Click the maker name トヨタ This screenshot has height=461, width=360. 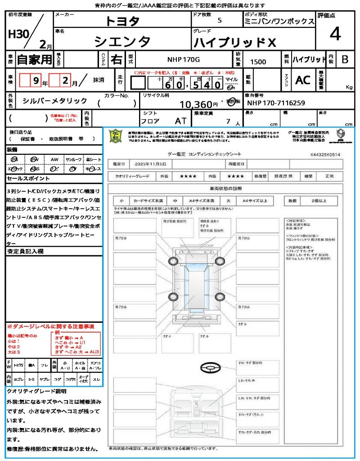[x=122, y=21]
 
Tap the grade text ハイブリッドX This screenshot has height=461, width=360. [x=234, y=42]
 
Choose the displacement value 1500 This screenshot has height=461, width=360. [x=258, y=62]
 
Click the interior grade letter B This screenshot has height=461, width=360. [x=345, y=59]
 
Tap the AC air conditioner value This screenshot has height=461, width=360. [x=302, y=80]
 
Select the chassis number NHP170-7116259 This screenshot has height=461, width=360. [x=276, y=103]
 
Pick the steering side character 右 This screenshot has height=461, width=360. [x=117, y=59]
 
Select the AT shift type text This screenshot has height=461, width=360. [x=181, y=121]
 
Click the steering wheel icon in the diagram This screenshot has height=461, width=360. [x=210, y=368]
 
